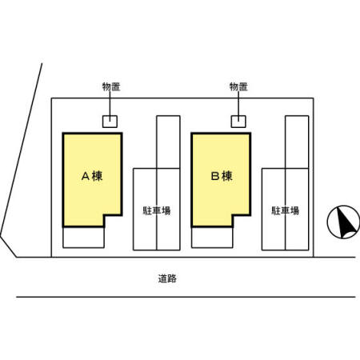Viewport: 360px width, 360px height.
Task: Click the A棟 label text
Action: click(92, 176)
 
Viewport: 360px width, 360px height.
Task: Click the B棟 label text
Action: click(221, 176)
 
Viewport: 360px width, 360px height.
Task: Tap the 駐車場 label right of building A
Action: click(157, 211)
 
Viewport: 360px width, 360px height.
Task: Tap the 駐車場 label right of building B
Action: click(285, 211)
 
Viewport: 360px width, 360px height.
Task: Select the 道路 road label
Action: click(167, 279)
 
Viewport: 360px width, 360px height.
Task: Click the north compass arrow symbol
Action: click(344, 222)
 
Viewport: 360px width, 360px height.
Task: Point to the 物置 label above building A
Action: click(111, 86)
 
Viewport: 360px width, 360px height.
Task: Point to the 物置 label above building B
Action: click(238, 86)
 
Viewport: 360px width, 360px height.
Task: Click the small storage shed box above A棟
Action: click(109, 121)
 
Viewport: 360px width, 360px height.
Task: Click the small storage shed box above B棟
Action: click(238, 121)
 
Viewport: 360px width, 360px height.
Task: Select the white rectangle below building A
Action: click(83, 237)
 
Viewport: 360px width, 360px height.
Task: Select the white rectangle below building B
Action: click(211, 237)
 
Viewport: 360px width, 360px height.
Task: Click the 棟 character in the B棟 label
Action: click(227, 176)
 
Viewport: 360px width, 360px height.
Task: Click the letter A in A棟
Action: click(85, 176)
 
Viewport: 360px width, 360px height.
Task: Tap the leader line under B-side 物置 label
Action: click(238, 104)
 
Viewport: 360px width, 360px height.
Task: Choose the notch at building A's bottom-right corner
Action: click(113, 220)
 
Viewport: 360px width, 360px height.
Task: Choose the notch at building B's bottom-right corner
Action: click(241, 220)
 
